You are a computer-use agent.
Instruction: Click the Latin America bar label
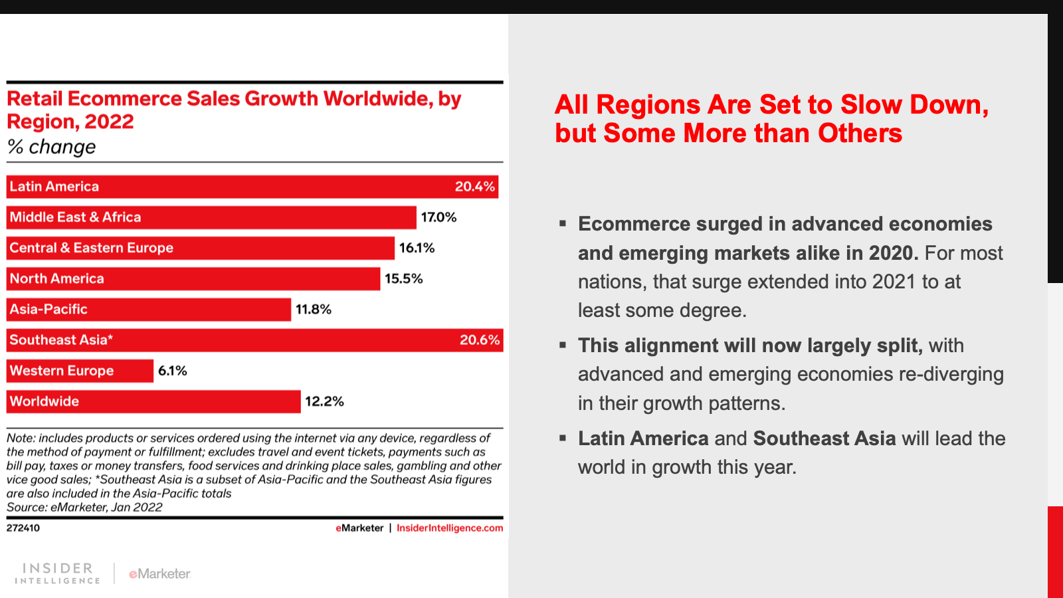click(54, 187)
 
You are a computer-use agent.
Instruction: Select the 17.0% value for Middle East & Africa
click(438, 217)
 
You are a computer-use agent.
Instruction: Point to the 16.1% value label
click(417, 248)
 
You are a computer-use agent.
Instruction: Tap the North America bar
click(193, 279)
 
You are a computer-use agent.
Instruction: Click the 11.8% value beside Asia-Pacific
click(313, 310)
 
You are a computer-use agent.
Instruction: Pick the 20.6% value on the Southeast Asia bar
click(479, 340)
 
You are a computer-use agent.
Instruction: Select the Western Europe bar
click(80, 371)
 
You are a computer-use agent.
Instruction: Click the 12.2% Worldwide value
click(324, 401)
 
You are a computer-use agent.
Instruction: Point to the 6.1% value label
click(172, 371)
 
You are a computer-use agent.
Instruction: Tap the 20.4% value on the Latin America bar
click(474, 187)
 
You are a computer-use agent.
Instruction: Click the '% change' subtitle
click(51, 147)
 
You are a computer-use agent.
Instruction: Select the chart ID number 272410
click(23, 528)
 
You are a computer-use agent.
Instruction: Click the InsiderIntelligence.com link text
click(450, 528)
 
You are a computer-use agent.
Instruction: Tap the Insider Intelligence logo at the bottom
click(58, 573)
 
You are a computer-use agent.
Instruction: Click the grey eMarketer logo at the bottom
click(159, 573)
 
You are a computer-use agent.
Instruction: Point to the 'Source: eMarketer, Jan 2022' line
click(84, 508)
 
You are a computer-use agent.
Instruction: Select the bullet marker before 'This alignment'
click(563, 345)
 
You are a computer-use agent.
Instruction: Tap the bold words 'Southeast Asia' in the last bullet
click(824, 439)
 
